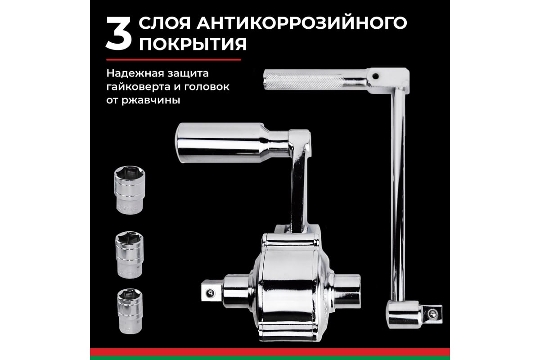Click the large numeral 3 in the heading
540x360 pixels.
click(119, 33)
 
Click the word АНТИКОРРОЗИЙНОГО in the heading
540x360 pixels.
click(302, 23)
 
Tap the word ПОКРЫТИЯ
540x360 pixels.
click(193, 44)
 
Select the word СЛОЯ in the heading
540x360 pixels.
click(165, 23)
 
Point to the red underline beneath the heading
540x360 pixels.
click(174, 60)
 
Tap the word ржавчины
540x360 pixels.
click(151, 100)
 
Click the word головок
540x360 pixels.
click(207, 87)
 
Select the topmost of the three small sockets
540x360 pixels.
click(130, 190)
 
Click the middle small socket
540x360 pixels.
click(130, 255)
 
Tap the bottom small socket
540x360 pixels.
click(130, 311)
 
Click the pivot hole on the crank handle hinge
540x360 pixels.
click(375, 76)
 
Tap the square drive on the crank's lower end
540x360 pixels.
click(432, 314)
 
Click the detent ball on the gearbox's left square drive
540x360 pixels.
click(210, 293)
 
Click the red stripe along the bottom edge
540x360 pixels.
click(270, 352)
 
